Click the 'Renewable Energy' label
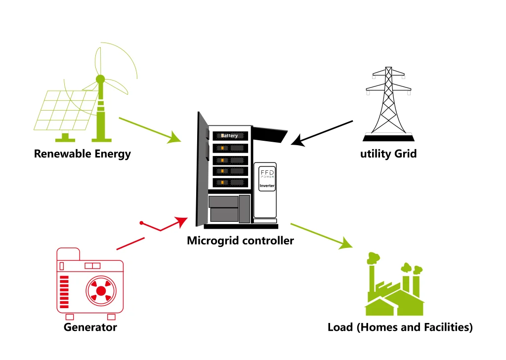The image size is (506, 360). pyautogui.click(x=82, y=154)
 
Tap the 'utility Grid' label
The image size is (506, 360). pyautogui.click(x=388, y=154)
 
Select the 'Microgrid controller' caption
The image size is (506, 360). pyautogui.click(x=240, y=241)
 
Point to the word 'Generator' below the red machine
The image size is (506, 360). pyautogui.click(x=90, y=327)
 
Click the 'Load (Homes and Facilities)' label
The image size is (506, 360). pyautogui.click(x=400, y=327)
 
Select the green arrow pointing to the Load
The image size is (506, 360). pyautogui.click(x=321, y=236)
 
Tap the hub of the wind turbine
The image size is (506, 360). pyautogui.click(x=100, y=79)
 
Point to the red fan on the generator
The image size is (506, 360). pyautogui.click(x=101, y=291)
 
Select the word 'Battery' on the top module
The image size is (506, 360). pyautogui.click(x=229, y=136)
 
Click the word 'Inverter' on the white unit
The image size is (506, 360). pyautogui.click(x=267, y=186)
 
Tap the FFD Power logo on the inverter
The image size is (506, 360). pyautogui.click(x=267, y=173)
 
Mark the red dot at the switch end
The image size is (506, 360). pyautogui.click(x=141, y=223)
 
